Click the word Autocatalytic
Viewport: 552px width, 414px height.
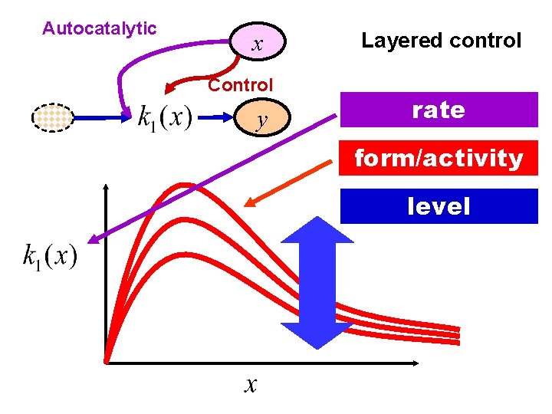(x=99, y=29)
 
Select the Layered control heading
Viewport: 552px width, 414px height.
(x=441, y=41)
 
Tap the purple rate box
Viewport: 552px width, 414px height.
(x=439, y=110)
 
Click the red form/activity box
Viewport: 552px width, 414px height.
(x=439, y=159)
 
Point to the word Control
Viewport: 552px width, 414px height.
(x=240, y=84)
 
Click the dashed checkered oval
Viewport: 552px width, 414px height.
(x=53, y=118)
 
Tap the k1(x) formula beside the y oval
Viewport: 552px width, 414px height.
(x=165, y=119)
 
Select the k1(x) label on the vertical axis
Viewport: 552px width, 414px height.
(x=50, y=255)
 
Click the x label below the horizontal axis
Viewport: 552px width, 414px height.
(x=250, y=384)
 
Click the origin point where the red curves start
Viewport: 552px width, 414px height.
(x=107, y=359)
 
